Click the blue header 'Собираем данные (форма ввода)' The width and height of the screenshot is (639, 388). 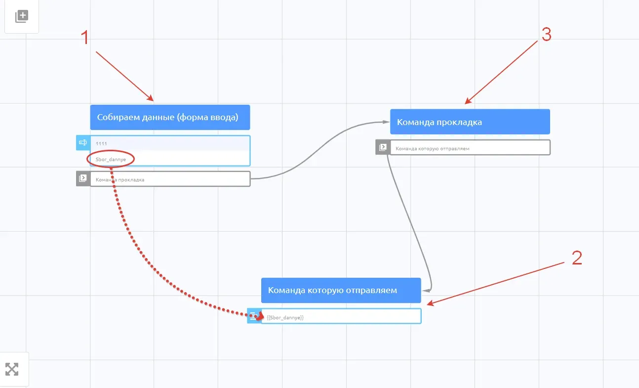tap(170, 117)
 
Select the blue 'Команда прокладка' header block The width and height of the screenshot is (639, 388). tap(470, 122)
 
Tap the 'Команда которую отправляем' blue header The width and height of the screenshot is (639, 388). tap(341, 290)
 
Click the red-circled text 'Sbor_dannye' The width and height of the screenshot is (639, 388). tap(111, 159)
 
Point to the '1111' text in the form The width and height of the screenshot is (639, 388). tap(101, 143)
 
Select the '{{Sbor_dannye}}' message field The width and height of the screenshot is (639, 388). tap(341, 316)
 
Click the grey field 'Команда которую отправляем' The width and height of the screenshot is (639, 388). tap(470, 147)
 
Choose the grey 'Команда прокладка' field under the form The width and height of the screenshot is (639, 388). tap(170, 179)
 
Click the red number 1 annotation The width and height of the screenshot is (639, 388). tap(85, 38)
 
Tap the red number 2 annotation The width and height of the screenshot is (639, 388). tap(577, 258)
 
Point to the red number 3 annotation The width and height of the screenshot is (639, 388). tap(546, 34)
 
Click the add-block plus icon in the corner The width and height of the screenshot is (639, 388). tap(22, 16)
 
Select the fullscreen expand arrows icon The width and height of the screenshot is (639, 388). tap(12, 369)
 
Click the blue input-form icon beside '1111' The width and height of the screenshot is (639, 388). tap(83, 142)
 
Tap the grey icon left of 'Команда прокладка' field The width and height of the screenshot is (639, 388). tap(83, 178)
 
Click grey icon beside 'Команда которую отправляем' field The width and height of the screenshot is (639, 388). tap(383, 147)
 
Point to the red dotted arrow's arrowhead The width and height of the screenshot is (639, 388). tap(260, 316)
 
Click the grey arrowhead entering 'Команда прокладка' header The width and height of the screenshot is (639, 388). tap(386, 122)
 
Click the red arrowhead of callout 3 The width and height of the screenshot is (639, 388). tap(468, 101)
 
